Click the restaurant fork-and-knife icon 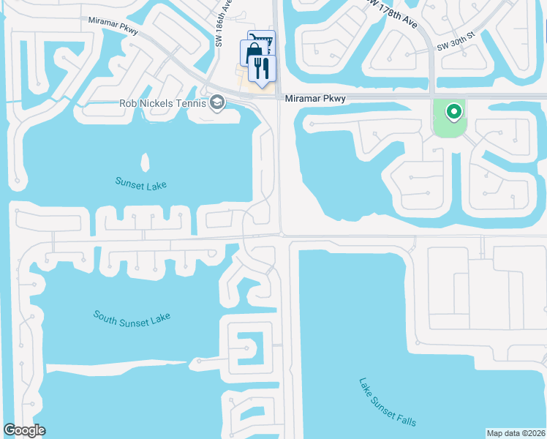[x=260, y=68]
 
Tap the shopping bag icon [x=252, y=52]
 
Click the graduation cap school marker [x=216, y=102]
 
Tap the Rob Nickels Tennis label [x=162, y=103]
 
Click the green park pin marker [x=453, y=112]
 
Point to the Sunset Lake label [x=140, y=183]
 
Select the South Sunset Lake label [x=132, y=317]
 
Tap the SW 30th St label [x=456, y=46]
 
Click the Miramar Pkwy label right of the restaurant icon [x=314, y=98]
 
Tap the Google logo [x=24, y=430]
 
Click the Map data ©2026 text [x=515, y=432]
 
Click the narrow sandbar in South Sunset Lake [x=117, y=364]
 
